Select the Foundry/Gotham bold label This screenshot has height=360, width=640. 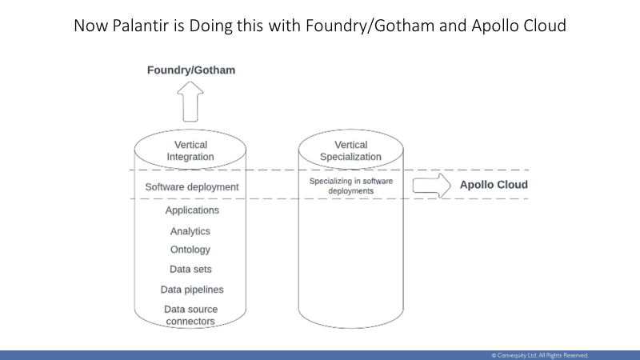(191, 70)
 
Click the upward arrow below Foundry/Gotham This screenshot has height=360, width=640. (190, 102)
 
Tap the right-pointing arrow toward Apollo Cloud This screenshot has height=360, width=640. (431, 186)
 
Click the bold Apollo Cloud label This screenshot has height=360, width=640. (494, 185)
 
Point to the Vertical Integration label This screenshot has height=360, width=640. (190, 150)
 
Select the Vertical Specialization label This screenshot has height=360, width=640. (350, 150)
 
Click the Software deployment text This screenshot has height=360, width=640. (192, 187)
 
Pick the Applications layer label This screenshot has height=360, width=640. (192, 210)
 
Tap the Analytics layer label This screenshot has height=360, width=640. (190, 231)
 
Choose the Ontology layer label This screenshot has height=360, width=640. (190, 250)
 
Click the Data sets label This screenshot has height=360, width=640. (190, 269)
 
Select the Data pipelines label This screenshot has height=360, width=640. (192, 290)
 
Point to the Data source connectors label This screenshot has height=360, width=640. (190, 315)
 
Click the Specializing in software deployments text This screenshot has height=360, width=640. (351, 186)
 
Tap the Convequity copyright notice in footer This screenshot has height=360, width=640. (540, 355)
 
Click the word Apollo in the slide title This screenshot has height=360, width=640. (494, 26)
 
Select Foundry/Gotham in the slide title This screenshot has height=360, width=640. (370, 26)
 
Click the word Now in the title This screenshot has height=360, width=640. (91, 26)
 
